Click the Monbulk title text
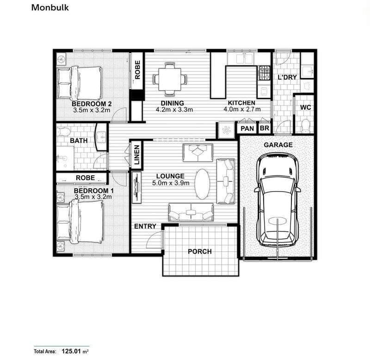pos(50,7)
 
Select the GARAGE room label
pos(278,145)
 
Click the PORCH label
pos(200,251)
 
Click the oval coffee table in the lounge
pos(202,184)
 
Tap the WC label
pos(305,107)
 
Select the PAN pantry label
pos(247,128)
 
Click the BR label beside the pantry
pos(265,128)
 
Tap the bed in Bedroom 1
pos(80,222)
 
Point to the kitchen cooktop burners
pos(264,73)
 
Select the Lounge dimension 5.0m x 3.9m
pos(170,183)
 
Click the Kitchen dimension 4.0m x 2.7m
pos(240,110)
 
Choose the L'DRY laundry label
pos(287,77)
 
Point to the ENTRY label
pos(145,226)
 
